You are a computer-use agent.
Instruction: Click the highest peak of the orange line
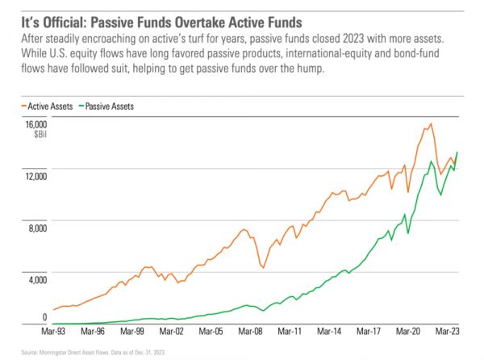pyautogui.click(x=432, y=123)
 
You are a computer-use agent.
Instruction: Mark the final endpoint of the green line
pyautogui.click(x=458, y=152)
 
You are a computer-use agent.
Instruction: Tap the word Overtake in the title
pyautogui.click(x=181, y=15)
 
